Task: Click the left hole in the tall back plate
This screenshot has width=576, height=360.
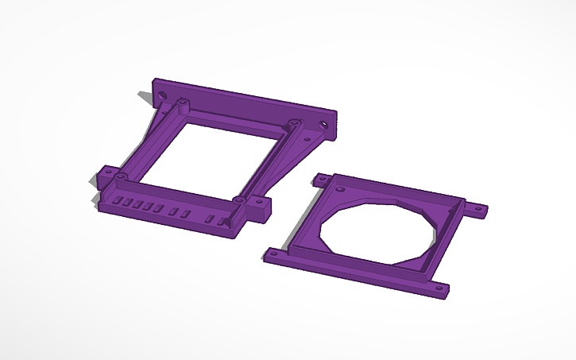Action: (163, 95)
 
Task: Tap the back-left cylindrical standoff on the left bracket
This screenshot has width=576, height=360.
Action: (183, 103)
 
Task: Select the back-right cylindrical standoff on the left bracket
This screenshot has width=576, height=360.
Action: (294, 123)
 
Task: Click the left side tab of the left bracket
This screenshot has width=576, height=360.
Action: (103, 172)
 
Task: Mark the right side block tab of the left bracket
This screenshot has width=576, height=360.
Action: (257, 208)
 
